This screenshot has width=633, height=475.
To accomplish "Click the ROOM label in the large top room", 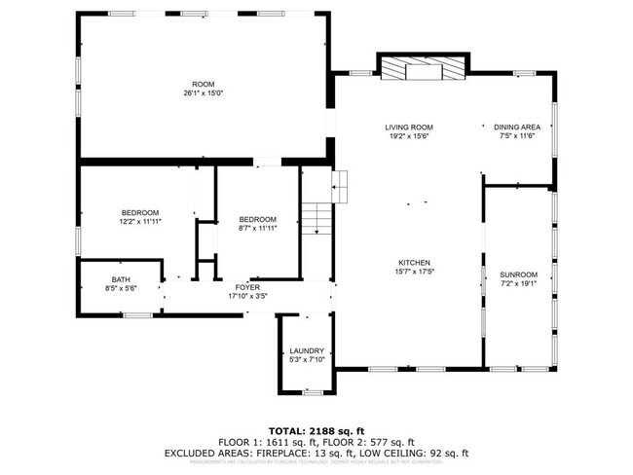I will click(x=203, y=85).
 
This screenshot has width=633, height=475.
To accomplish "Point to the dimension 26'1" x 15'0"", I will click(x=203, y=93).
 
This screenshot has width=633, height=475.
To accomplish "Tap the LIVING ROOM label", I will click(x=408, y=128).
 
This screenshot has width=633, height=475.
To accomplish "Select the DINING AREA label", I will click(x=516, y=128).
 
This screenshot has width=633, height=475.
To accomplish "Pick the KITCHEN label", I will click(x=414, y=263).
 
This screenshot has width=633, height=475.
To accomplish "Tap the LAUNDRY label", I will click(x=306, y=351).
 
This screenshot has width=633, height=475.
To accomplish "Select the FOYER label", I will click(x=247, y=287).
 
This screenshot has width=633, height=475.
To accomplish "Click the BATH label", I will click(x=121, y=279).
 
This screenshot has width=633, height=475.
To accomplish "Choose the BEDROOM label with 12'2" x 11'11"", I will click(x=139, y=212).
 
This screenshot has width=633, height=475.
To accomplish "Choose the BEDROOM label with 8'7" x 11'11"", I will click(x=257, y=219).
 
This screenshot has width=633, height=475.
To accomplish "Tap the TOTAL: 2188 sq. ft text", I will click(x=316, y=429).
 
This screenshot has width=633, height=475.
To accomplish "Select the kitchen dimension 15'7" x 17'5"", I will click(x=414, y=273).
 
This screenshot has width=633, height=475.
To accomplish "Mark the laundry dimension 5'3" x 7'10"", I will click(x=306, y=360).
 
